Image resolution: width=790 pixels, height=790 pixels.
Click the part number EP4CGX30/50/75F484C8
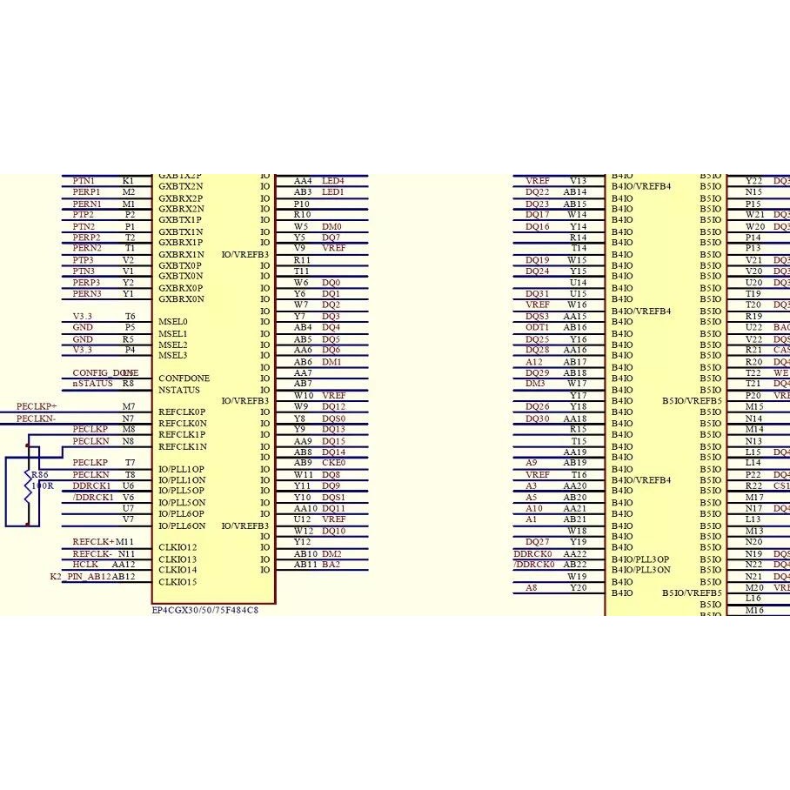[204, 610]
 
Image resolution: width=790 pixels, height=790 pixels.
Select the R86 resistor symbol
[28, 485]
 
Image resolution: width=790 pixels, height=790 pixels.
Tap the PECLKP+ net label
[37, 406]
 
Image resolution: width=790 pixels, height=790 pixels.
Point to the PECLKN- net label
[37, 418]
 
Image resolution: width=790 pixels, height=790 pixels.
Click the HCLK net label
[85, 565]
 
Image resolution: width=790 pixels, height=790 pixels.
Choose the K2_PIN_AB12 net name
[80, 576]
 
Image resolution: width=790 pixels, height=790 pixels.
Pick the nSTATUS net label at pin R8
[92, 383]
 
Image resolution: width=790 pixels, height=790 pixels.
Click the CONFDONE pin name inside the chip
[184, 378]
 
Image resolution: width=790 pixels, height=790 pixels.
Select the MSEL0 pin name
[172, 322]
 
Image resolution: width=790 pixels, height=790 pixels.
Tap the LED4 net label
[333, 180]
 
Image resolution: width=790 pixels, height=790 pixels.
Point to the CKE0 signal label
[333, 463]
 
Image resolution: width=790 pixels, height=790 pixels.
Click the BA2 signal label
[331, 565]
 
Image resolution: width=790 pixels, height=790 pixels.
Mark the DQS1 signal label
[333, 497]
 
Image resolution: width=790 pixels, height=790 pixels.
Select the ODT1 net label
[537, 327]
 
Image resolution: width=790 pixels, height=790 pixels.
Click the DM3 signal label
[535, 384]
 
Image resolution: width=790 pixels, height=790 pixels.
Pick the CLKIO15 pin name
[177, 582]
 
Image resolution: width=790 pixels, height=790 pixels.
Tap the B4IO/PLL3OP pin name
[640, 559]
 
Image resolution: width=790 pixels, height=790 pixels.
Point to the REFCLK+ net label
[93, 542]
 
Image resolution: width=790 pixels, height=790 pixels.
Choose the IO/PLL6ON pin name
[182, 526]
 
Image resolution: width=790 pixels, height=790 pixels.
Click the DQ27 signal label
[537, 542]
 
